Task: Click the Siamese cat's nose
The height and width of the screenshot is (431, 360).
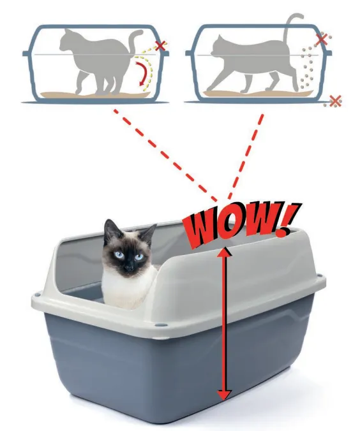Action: tap(128, 266)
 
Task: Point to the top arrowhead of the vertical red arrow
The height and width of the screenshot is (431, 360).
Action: tap(225, 252)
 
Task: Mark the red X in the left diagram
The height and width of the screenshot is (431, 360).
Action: tap(160, 46)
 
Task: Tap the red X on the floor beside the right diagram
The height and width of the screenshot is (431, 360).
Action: tap(336, 101)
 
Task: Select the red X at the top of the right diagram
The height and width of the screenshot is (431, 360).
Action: tap(322, 40)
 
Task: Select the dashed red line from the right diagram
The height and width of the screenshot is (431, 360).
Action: tap(246, 156)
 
